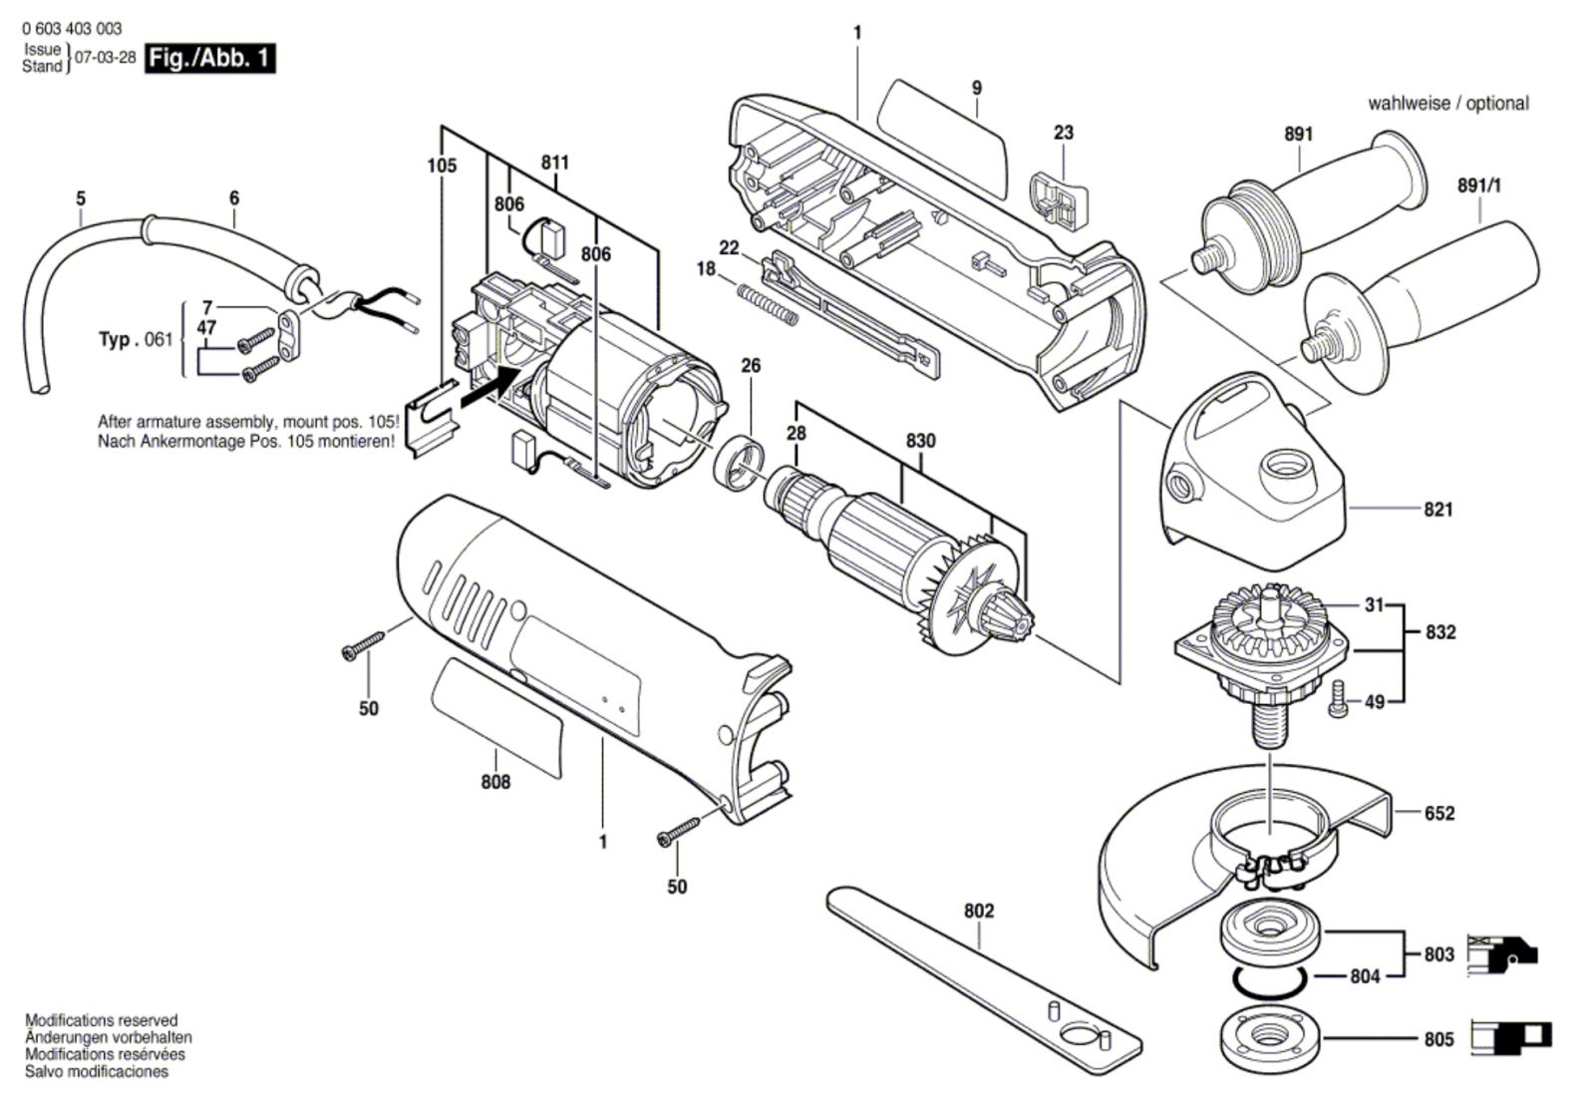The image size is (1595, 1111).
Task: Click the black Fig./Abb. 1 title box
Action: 210,59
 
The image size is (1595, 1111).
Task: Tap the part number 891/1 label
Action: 1479,185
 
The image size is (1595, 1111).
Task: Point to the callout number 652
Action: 1439,814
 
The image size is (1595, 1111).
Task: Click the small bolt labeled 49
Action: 1339,699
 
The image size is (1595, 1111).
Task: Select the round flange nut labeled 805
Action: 1270,1039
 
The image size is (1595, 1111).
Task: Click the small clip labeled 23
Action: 1061,201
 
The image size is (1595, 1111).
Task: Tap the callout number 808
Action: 495,782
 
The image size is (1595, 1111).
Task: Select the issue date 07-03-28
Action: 106,58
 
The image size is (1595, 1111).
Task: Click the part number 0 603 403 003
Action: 72,29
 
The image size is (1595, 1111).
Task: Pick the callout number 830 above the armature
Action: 921,441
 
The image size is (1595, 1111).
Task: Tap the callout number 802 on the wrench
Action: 979,911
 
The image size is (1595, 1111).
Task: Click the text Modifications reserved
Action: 102,1020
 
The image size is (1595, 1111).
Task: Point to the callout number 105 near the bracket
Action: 442,166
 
